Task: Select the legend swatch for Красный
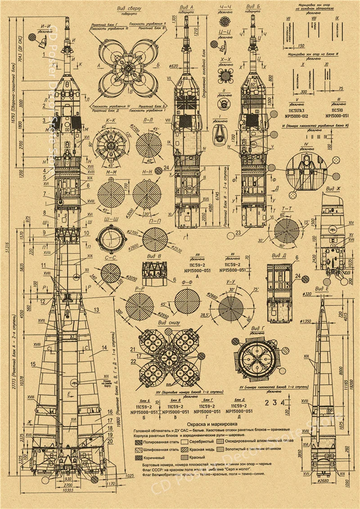tap(182, 457)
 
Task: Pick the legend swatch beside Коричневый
tap(137, 457)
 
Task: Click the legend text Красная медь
tap(201, 449)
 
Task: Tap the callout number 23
tap(238, 233)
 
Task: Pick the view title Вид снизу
tap(167, 323)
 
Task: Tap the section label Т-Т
tap(285, 209)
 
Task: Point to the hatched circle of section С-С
tap(110, 273)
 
